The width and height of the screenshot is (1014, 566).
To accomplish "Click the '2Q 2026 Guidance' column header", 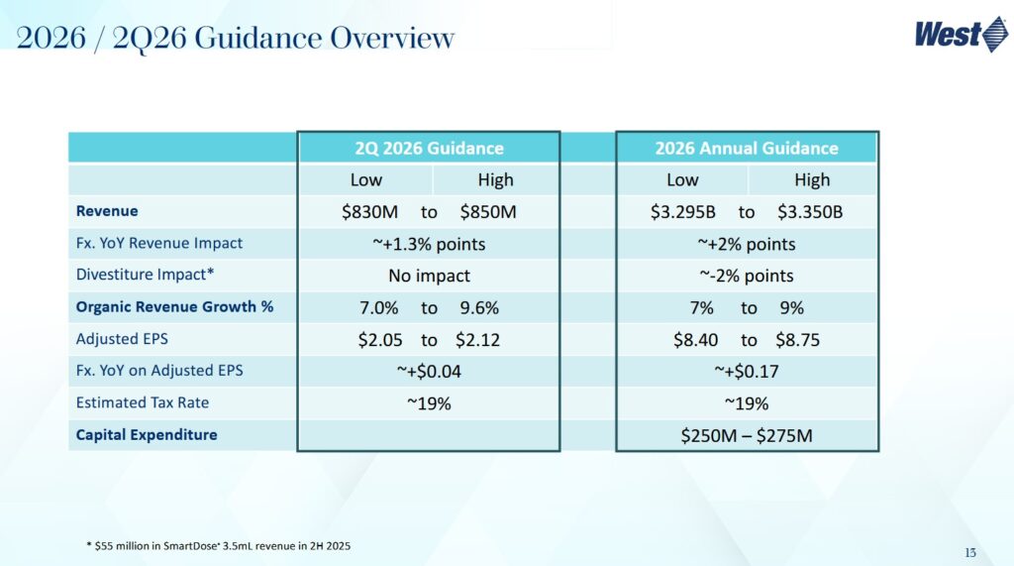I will (429, 149).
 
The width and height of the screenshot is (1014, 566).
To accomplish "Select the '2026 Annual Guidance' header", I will (747, 149).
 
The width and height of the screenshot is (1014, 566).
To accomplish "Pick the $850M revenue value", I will (488, 212).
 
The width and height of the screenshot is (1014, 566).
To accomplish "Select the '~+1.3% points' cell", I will (429, 244).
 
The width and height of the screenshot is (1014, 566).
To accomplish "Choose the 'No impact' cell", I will (429, 276).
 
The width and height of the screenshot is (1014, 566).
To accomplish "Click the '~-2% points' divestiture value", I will (747, 276).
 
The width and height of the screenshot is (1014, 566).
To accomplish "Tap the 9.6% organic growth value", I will (479, 307).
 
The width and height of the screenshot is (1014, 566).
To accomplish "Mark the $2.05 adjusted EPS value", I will (379, 340).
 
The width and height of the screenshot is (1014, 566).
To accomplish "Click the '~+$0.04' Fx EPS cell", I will (429, 372).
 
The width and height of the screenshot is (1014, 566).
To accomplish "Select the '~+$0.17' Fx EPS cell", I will (747, 372).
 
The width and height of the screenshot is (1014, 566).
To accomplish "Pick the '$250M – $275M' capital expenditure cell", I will (747, 435).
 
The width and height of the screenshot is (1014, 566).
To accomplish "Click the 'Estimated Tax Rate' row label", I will (143, 403).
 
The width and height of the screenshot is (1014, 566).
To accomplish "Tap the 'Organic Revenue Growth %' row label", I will (174, 307).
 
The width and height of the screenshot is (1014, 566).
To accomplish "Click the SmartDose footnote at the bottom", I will (218, 545).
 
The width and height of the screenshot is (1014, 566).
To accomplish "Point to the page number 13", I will (970, 552).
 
